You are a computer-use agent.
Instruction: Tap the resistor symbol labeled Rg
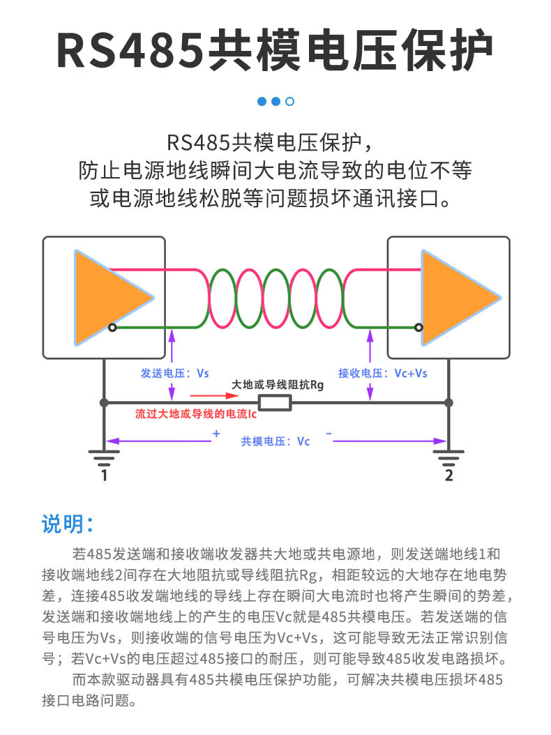point(275,402)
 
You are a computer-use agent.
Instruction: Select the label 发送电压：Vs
point(175,373)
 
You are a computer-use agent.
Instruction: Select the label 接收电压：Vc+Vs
point(383,373)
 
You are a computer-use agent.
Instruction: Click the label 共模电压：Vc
point(275,441)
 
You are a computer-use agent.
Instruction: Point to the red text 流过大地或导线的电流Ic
point(197,414)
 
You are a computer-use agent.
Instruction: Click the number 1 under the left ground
point(104,476)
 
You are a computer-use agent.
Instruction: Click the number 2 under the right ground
point(448,476)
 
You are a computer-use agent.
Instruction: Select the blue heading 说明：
point(68,524)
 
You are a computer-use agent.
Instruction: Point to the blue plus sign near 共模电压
point(216,434)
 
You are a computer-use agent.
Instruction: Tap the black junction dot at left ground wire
point(104,402)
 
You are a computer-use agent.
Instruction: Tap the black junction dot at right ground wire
point(448,402)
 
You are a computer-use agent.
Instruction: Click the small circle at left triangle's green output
point(112,327)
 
